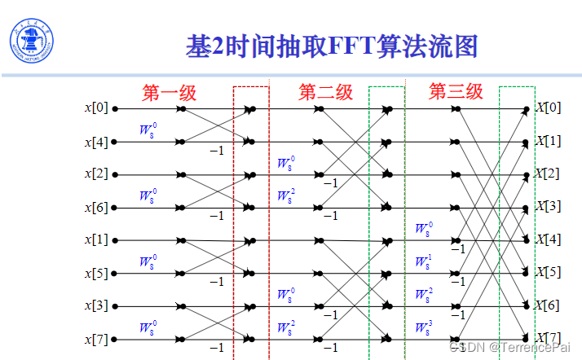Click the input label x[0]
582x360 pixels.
[x=95, y=108]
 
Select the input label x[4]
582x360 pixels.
[x=95, y=142]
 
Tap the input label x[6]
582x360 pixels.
[x=95, y=208]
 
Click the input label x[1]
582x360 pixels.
[x=95, y=240]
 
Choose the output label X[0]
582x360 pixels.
[x=548, y=108]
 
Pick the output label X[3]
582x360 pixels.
[x=548, y=206]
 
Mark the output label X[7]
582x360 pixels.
[x=548, y=337]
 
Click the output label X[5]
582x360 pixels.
[x=548, y=271]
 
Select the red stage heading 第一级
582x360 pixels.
[x=170, y=92]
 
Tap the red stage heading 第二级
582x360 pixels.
[x=325, y=92]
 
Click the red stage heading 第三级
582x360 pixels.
[x=456, y=91]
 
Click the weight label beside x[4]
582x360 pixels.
[x=147, y=130]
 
